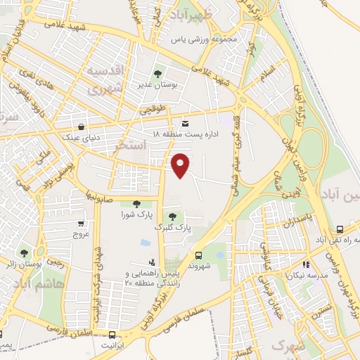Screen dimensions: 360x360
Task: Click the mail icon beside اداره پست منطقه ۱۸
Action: click(185, 121)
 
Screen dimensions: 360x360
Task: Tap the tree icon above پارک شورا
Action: click(136, 203)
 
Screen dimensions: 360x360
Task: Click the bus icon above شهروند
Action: click(199, 256)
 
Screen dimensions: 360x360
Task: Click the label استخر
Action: click(134, 146)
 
